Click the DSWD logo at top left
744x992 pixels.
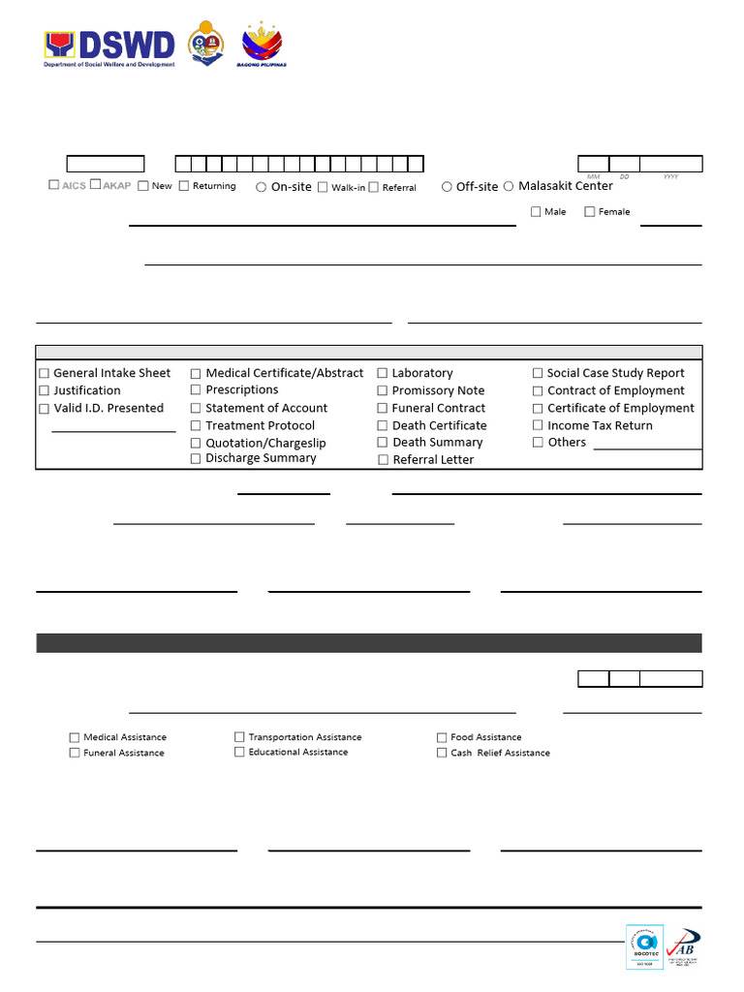pos(109,46)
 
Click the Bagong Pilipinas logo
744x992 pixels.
pos(263,45)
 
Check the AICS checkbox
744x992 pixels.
pos(54,184)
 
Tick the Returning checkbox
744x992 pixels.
pos(184,186)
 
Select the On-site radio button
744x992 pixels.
pos(262,187)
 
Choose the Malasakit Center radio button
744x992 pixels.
pos(509,186)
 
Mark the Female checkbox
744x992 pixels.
pos(589,211)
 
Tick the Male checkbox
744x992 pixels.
pos(536,211)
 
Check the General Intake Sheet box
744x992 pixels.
pos(44,373)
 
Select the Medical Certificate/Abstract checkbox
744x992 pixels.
pos(196,373)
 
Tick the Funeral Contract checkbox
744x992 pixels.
pos(383,409)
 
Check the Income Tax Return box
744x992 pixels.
pos(538,425)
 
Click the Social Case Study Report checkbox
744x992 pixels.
pos(538,373)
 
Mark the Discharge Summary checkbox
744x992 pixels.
pos(196,459)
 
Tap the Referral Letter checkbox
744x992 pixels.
pos(384,460)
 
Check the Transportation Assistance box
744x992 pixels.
pos(239,737)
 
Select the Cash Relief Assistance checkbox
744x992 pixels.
pos(442,753)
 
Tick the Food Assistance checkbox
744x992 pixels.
pos(442,737)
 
